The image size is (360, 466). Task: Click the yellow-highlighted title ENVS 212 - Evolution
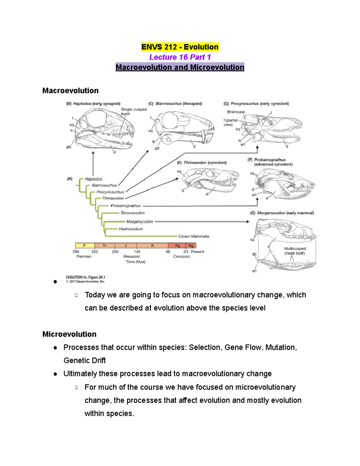(x=180, y=47)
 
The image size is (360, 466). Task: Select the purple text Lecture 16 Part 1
(x=180, y=57)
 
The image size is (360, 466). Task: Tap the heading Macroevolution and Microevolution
(x=180, y=67)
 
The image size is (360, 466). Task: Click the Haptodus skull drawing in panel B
(x=103, y=129)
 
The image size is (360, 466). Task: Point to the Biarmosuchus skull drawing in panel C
(x=184, y=128)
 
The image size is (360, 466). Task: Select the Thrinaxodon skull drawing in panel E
(x=210, y=180)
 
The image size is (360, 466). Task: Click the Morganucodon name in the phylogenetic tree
(x=139, y=222)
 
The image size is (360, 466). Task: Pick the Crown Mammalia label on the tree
(x=193, y=236)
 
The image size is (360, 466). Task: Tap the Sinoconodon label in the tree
(x=133, y=213)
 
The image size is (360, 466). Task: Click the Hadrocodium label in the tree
(x=131, y=229)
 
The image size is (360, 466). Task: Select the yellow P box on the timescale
(x=85, y=246)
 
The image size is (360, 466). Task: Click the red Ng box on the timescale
(x=191, y=246)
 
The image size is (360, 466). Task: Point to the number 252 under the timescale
(x=95, y=252)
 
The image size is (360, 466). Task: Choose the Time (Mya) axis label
(x=136, y=262)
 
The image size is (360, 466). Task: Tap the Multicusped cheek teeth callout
(x=295, y=251)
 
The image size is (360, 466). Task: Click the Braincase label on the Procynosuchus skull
(x=236, y=112)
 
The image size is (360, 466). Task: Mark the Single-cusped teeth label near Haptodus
(x=133, y=111)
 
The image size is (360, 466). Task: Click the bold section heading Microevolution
(x=69, y=334)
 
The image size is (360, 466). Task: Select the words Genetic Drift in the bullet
(x=85, y=360)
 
